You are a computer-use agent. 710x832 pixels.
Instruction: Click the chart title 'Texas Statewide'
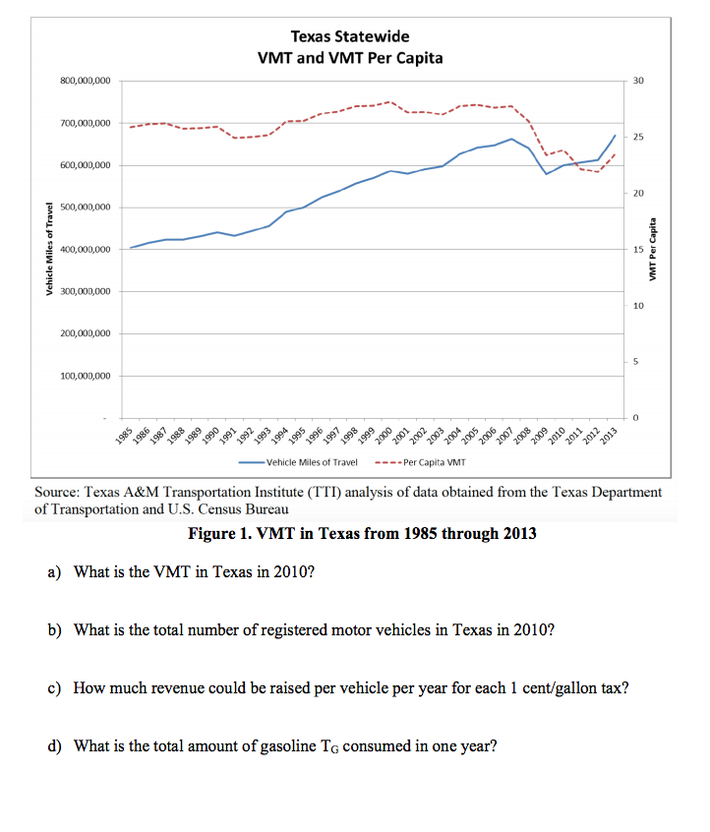(x=349, y=36)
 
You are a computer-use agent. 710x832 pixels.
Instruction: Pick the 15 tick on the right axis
(x=637, y=250)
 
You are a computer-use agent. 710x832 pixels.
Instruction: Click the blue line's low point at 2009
(x=547, y=174)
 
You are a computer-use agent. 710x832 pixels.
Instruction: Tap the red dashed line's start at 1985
(x=131, y=127)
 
